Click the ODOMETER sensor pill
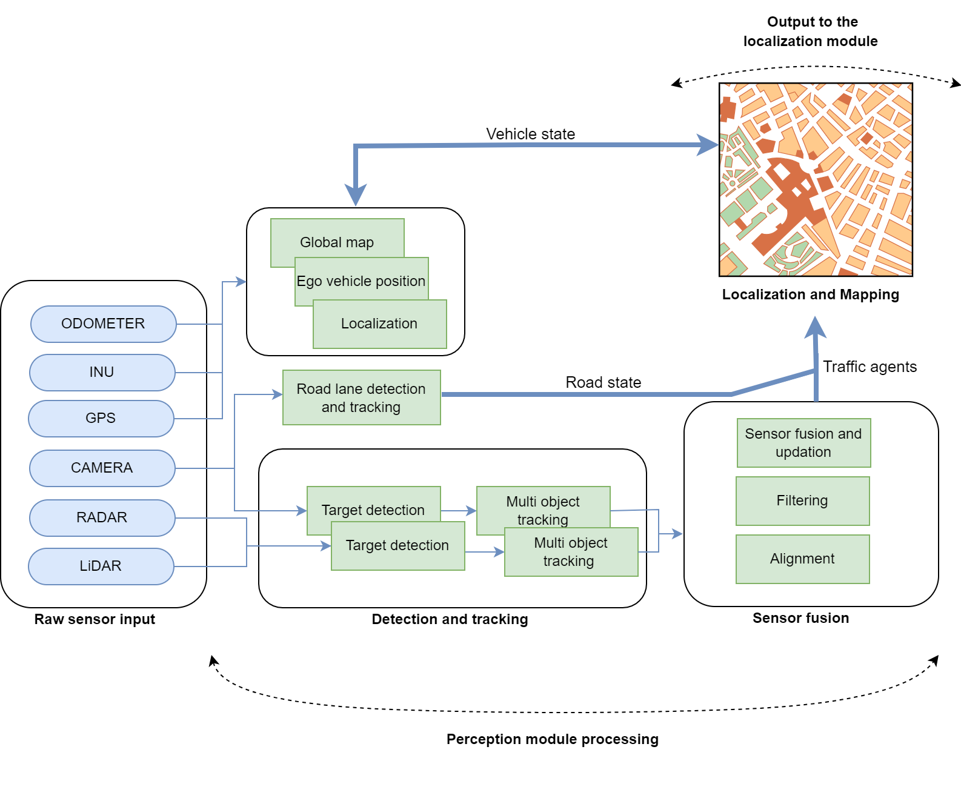[x=103, y=324]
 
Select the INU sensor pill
[x=102, y=372]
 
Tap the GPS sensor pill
[x=101, y=418]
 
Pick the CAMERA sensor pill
[x=102, y=468]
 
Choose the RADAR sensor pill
[x=102, y=517]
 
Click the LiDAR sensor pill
[x=101, y=566]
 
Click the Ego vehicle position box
[x=361, y=281]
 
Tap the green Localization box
[x=379, y=324]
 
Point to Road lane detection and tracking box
[x=361, y=397]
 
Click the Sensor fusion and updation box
[x=803, y=442]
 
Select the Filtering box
[x=802, y=500]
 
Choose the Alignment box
[x=802, y=559]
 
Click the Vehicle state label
[x=530, y=134]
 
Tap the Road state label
[x=603, y=382]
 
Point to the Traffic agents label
[x=870, y=367]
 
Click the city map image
[x=816, y=179]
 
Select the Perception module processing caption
[x=552, y=739]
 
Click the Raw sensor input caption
[x=95, y=619]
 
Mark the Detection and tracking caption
[x=450, y=619]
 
